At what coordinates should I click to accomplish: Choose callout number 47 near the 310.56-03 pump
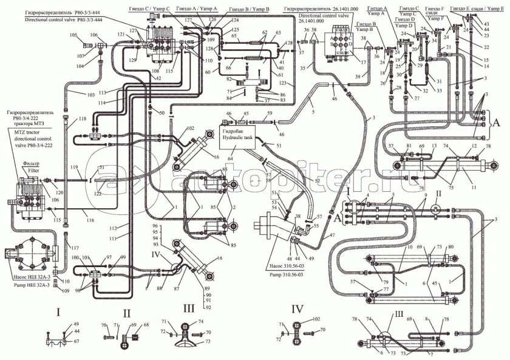(333, 235)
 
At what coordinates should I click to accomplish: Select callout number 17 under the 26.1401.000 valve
(362, 63)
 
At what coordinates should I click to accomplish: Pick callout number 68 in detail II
(146, 325)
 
